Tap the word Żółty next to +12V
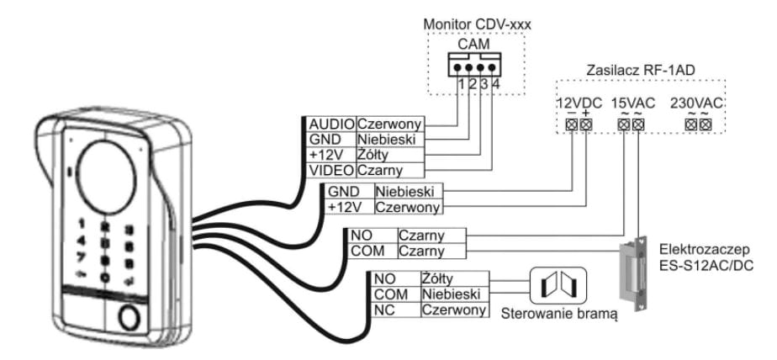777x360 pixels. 376,154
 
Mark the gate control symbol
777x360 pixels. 558,287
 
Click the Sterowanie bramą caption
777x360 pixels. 558,315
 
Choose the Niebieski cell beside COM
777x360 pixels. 452,294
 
